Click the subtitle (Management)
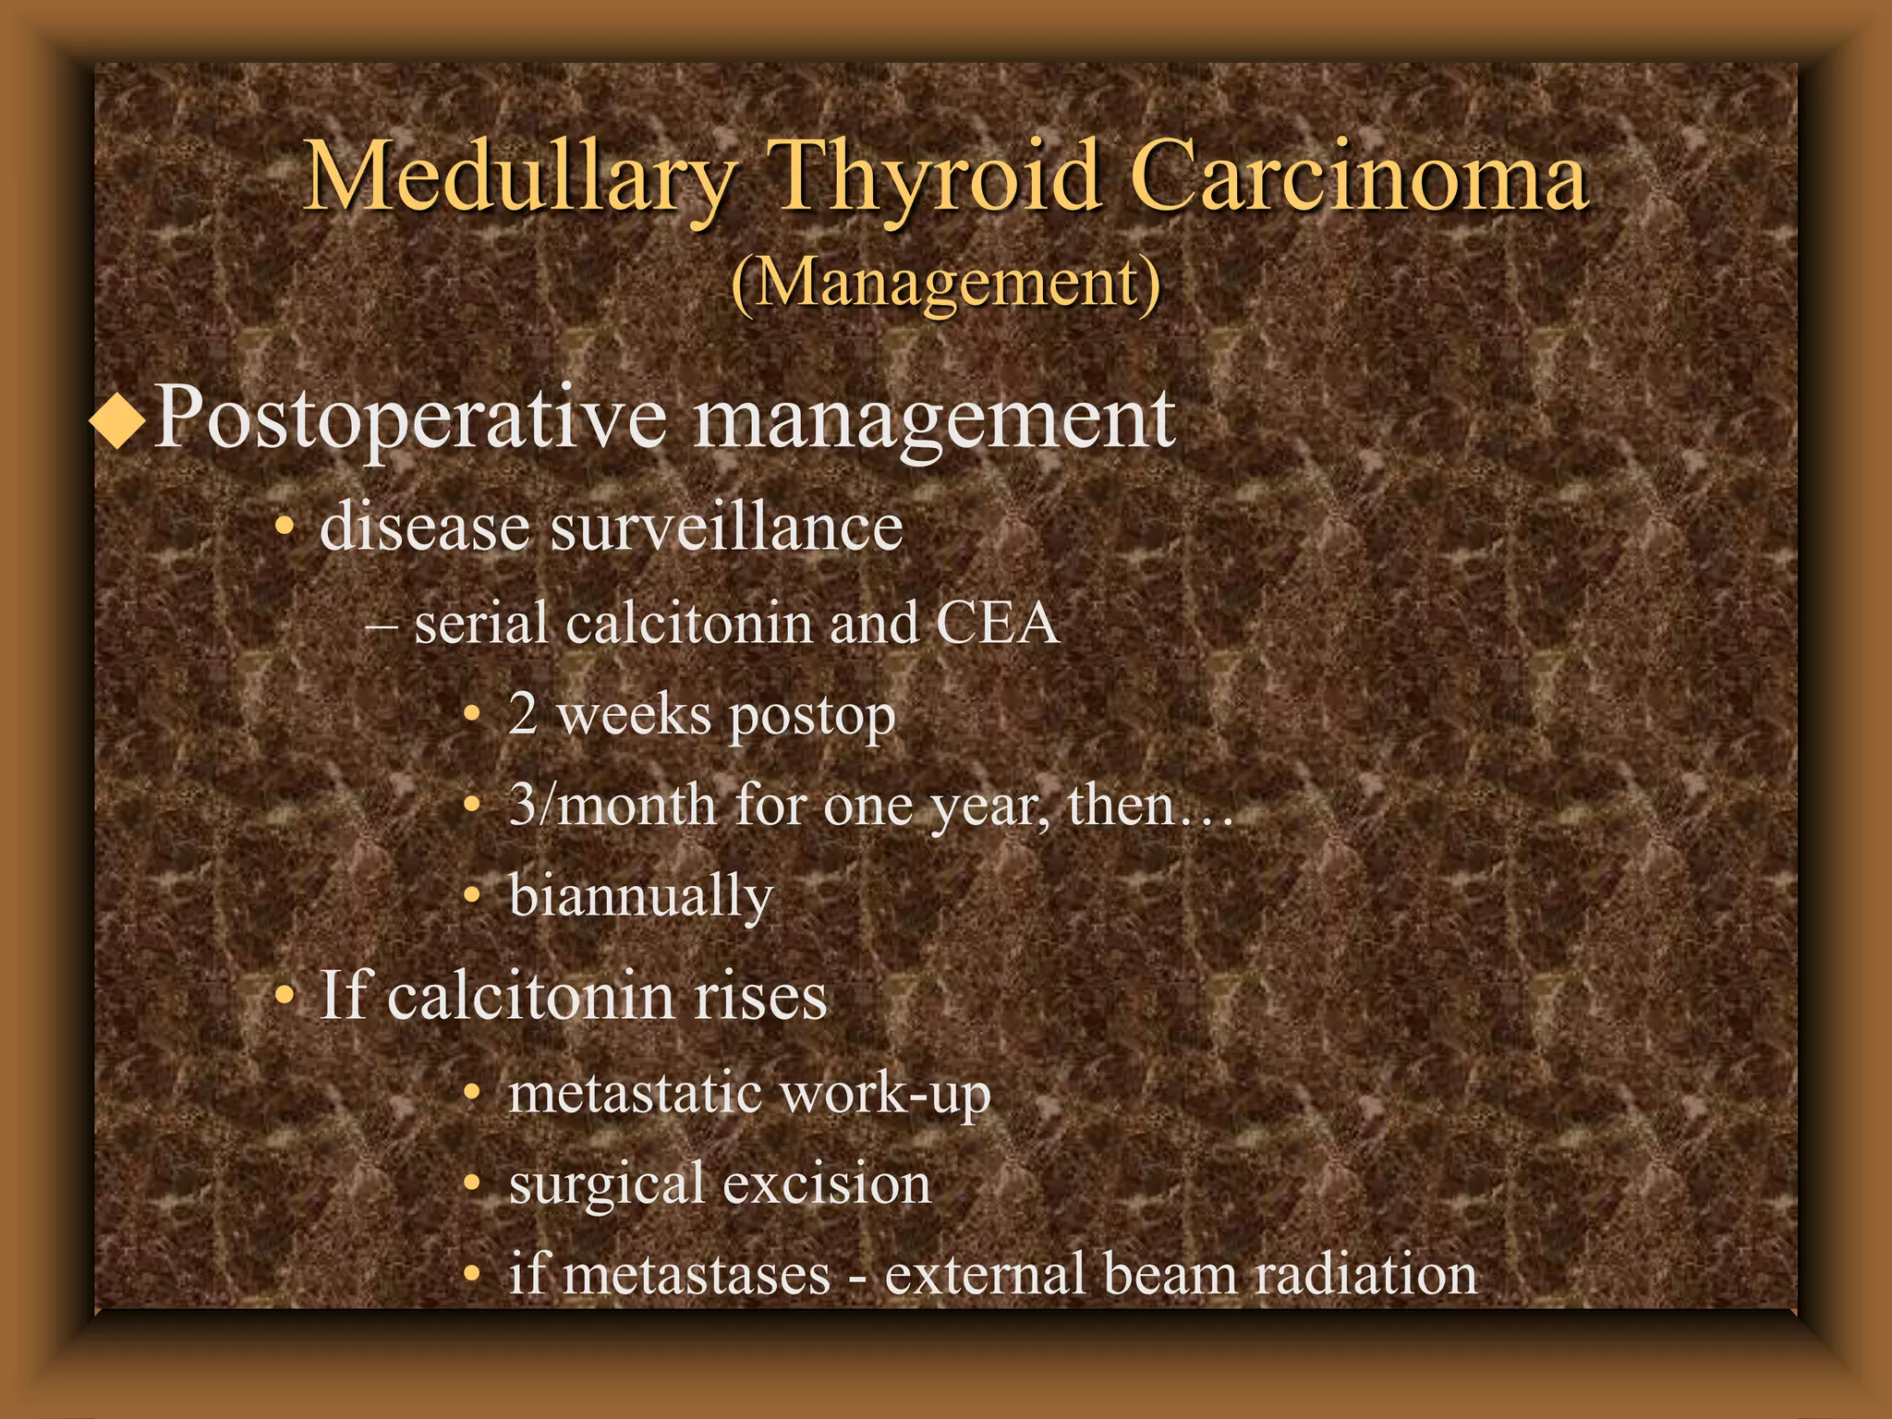[945, 283]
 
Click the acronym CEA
[997, 623]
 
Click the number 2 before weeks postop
[523, 715]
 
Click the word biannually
[640, 896]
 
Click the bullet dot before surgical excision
[472, 1183]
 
